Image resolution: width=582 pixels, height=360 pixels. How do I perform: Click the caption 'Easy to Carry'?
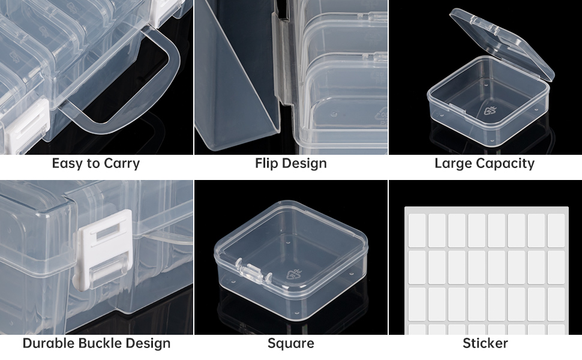pos(96,163)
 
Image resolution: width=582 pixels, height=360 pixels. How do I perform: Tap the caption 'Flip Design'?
pos(290,163)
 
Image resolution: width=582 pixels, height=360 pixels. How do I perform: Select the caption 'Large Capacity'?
pos(484,163)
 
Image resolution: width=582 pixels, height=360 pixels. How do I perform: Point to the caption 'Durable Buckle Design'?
pos(97,343)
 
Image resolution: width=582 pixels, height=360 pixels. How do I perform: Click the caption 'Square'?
pos(290,343)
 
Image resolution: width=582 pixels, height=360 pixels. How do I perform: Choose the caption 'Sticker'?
pos(485,343)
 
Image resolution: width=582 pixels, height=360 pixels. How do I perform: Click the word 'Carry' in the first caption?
pos(122,163)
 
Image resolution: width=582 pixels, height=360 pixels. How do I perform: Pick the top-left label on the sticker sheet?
pos(417,230)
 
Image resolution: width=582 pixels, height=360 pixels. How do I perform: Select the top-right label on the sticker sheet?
pos(556,230)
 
